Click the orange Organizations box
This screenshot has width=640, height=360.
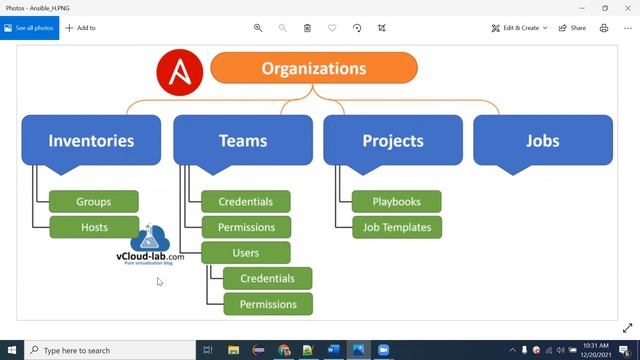(x=313, y=69)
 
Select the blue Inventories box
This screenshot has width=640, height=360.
(x=91, y=141)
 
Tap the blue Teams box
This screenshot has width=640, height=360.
(x=243, y=141)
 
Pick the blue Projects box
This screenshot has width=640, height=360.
(x=393, y=141)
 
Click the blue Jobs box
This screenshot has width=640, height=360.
(x=543, y=141)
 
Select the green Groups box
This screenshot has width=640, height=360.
(x=94, y=202)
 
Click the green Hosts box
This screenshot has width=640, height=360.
(x=94, y=227)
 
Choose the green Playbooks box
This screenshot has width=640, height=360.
(x=396, y=202)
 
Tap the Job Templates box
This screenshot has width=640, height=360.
(x=396, y=227)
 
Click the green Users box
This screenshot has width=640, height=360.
(x=245, y=253)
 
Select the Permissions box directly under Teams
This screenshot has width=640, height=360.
(x=245, y=227)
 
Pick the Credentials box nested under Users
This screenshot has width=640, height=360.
(x=267, y=278)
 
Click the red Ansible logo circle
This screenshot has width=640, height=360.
(x=180, y=72)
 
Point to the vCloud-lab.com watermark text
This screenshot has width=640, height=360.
(x=150, y=257)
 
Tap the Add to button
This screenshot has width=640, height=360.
(x=81, y=28)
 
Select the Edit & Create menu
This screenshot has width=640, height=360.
(x=519, y=28)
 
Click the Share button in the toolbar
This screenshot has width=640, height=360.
(x=572, y=28)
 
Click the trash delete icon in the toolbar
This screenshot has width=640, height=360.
(x=307, y=28)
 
